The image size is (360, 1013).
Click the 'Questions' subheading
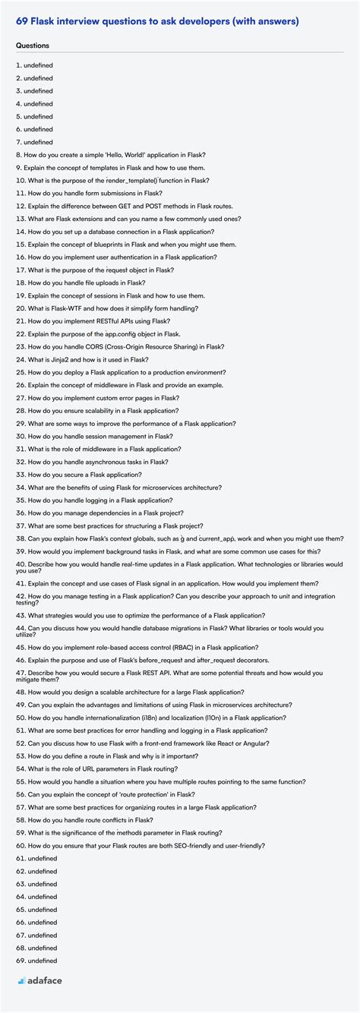[x=33, y=46]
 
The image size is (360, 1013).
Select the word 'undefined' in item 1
[x=39, y=65]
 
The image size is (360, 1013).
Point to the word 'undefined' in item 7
[x=39, y=142]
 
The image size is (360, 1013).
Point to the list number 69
[x=19, y=960]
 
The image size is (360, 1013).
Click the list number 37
[x=19, y=525]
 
